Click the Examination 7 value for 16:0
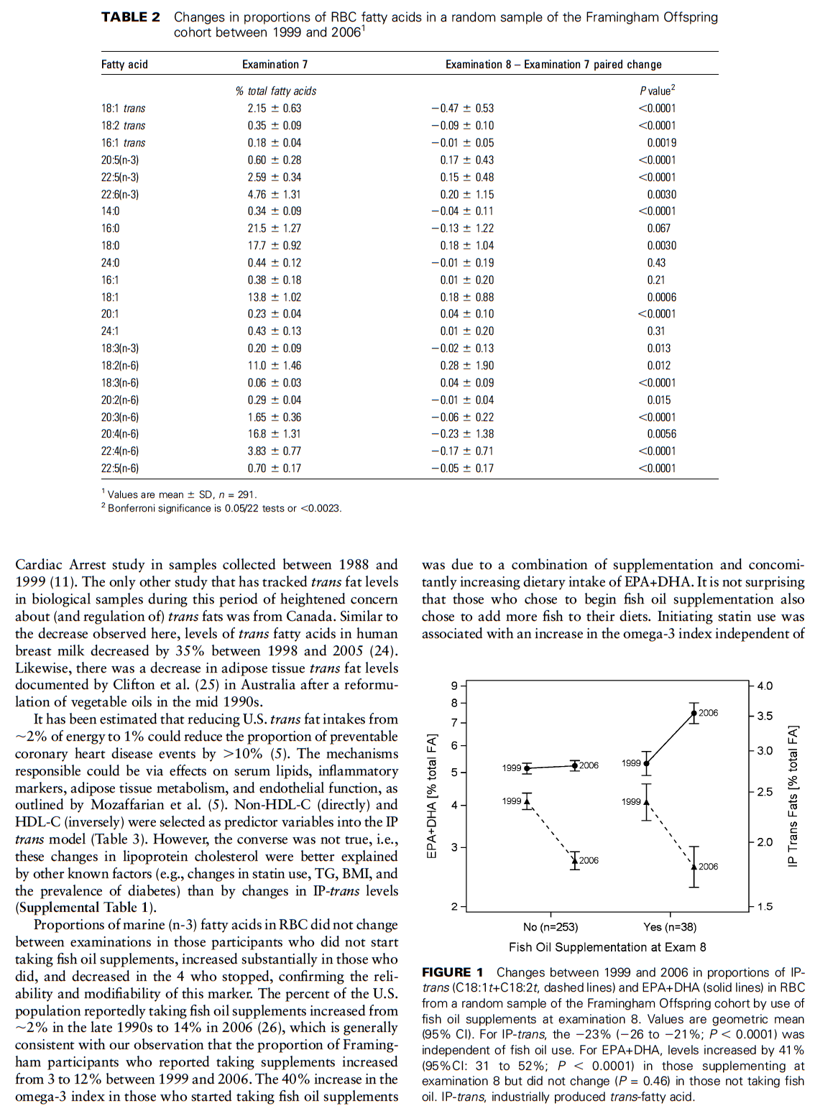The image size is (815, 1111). [x=274, y=229]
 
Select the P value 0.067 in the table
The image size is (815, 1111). [x=658, y=229]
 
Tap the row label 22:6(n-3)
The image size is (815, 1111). [x=120, y=194]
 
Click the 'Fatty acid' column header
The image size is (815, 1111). [x=124, y=65]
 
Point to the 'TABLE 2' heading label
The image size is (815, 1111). [x=131, y=17]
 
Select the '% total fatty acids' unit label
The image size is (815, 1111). [x=275, y=91]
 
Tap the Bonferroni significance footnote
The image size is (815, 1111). [x=224, y=508]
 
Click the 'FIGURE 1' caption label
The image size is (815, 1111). [x=452, y=972]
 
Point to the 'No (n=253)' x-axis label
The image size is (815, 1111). [x=551, y=927]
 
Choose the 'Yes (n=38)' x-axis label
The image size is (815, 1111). [x=670, y=927]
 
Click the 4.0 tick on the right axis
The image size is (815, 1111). [x=765, y=686]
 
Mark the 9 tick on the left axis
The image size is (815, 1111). [x=454, y=686]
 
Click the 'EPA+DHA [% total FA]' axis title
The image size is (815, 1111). [x=432, y=796]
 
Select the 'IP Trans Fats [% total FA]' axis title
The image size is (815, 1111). [x=793, y=796]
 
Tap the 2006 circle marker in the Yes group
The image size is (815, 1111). [x=694, y=714]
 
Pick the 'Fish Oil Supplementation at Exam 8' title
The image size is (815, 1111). [x=607, y=947]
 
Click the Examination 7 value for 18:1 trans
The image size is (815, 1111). [x=274, y=109]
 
